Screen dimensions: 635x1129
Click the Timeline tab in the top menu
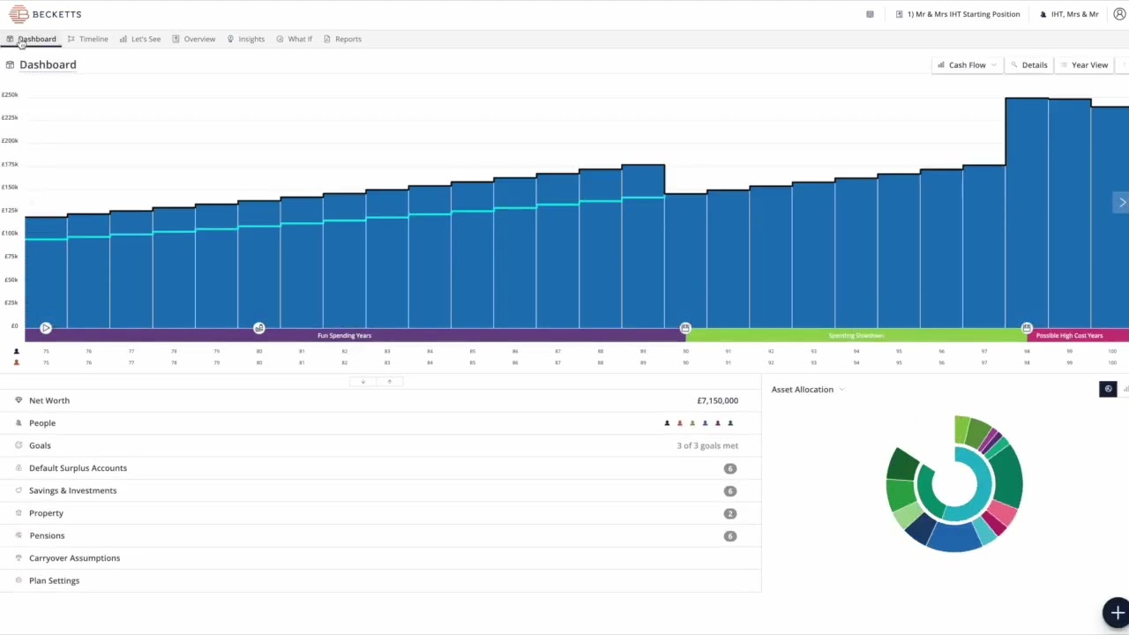(x=93, y=39)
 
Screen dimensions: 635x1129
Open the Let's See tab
(x=146, y=39)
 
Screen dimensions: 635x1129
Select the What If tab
(x=299, y=39)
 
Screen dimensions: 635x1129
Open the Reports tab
(x=348, y=39)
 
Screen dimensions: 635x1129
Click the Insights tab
(x=250, y=39)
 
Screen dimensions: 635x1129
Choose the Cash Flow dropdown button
(x=968, y=65)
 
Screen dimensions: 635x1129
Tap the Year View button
(x=1089, y=65)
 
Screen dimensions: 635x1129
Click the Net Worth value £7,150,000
(x=717, y=400)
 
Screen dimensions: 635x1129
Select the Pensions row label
(x=47, y=535)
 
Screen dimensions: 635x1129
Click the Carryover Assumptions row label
(x=74, y=558)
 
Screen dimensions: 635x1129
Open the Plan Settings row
(x=54, y=580)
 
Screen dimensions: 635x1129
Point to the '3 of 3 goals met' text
(x=707, y=445)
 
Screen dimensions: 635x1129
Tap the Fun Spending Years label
(x=344, y=335)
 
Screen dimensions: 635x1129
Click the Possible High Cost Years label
(x=1069, y=335)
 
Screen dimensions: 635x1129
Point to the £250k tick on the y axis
(x=10, y=94)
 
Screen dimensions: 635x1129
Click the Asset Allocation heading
(x=802, y=389)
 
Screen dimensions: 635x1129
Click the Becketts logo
(x=45, y=14)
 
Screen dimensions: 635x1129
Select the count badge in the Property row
(x=729, y=513)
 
